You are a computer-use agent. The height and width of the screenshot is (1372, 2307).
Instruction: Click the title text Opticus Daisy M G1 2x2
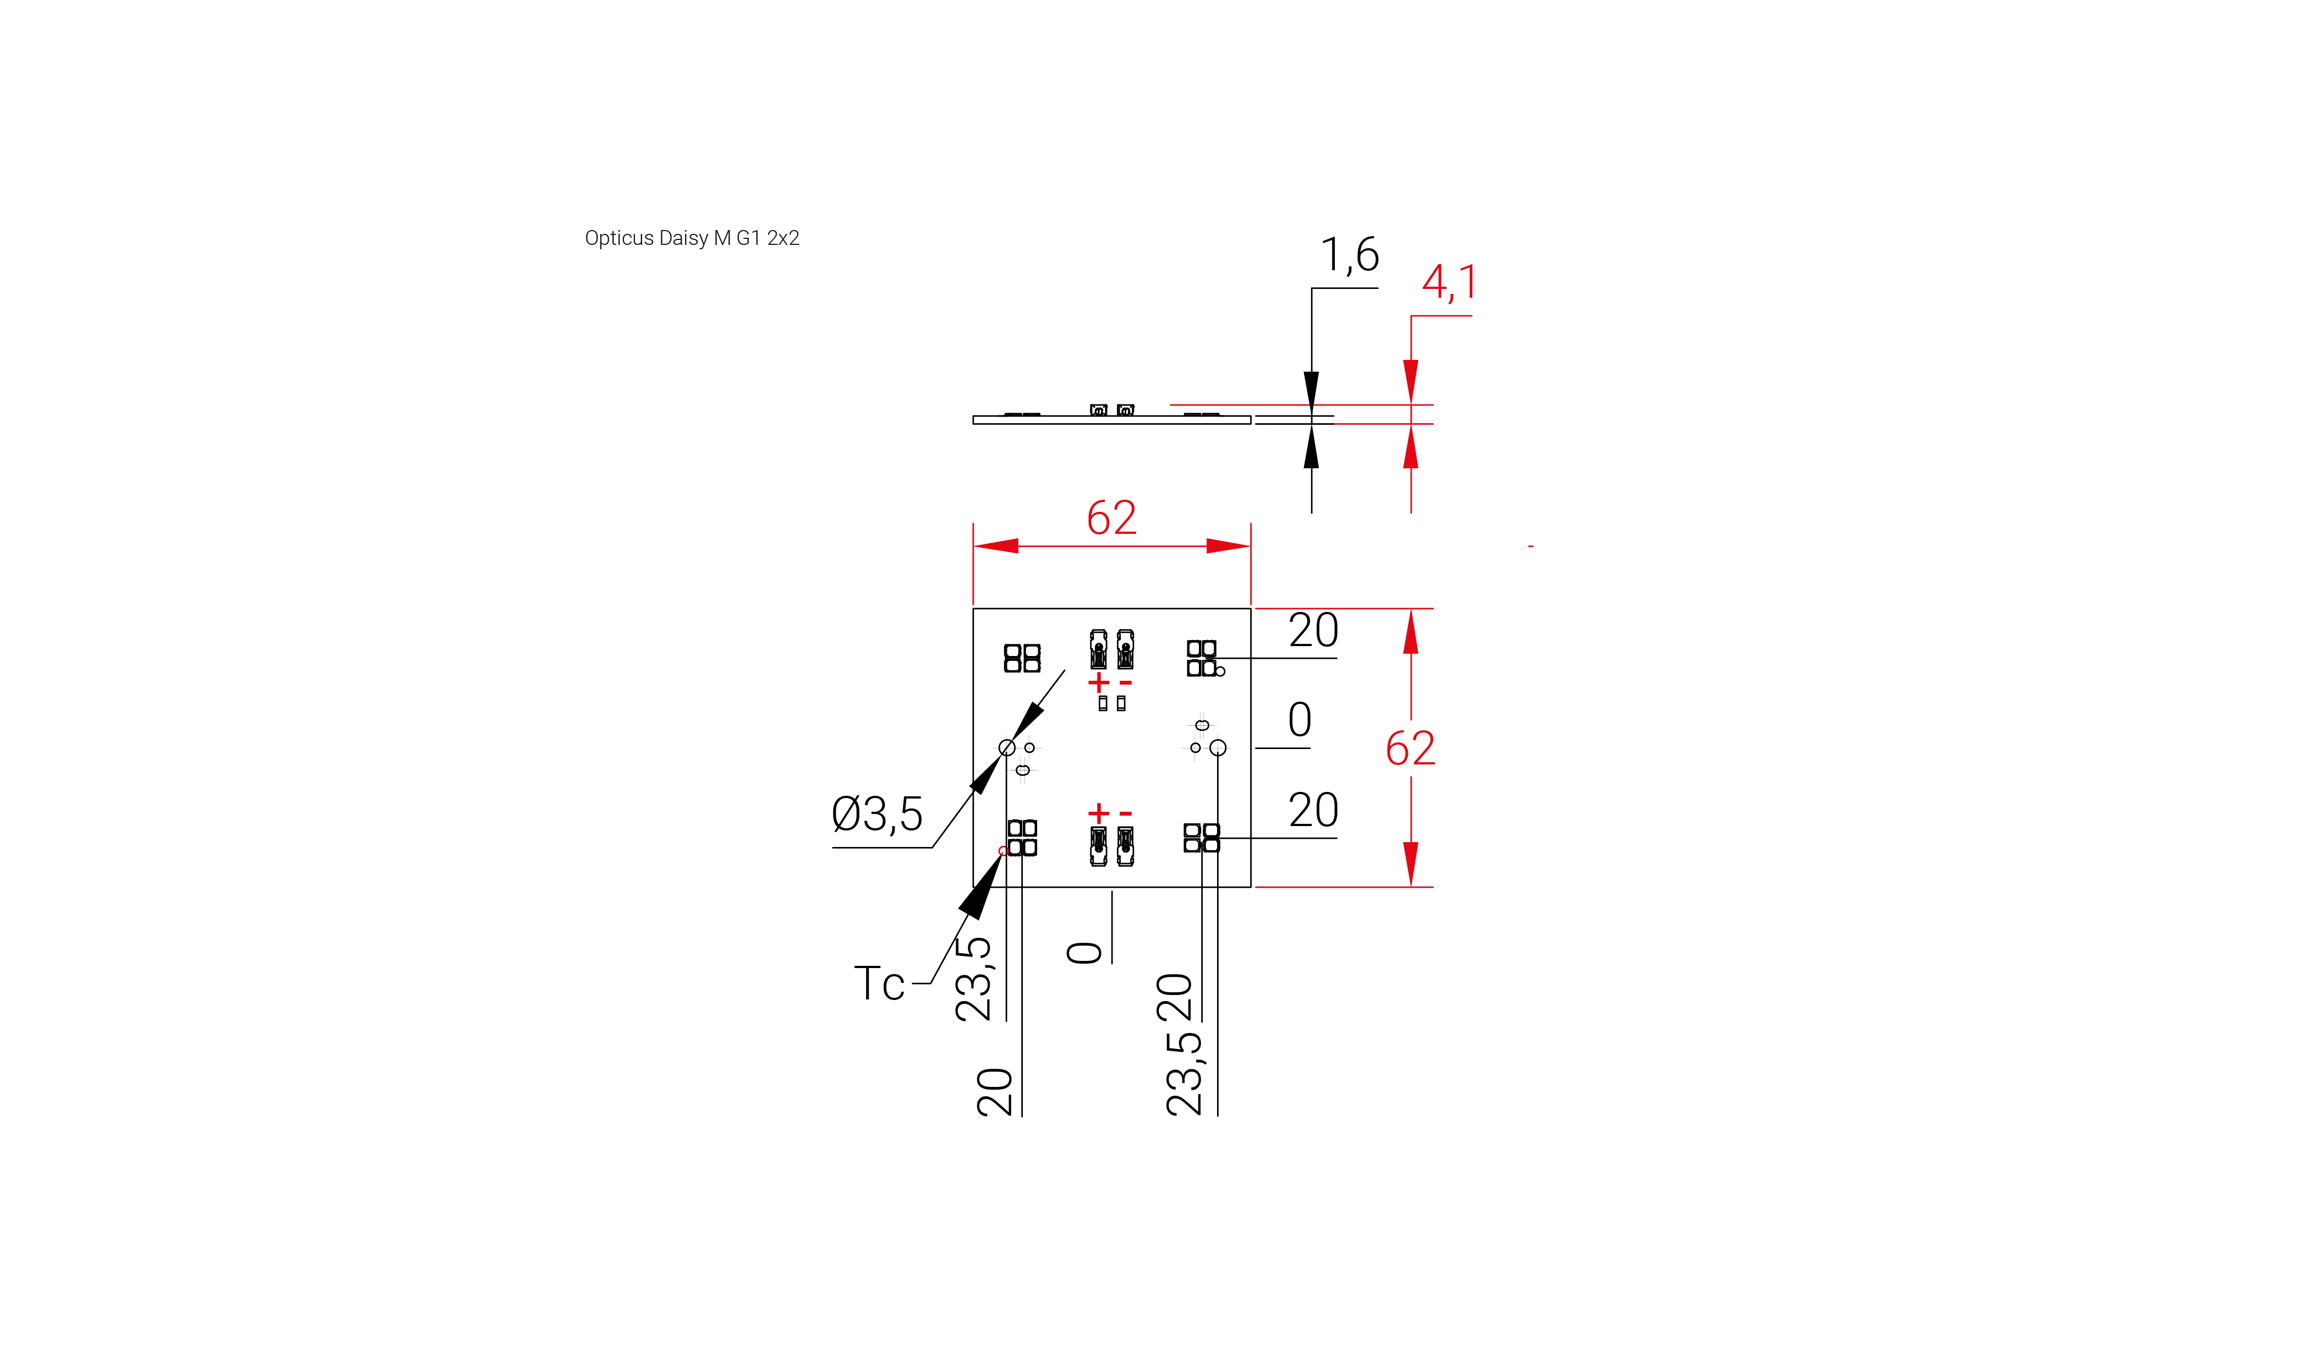click(x=692, y=238)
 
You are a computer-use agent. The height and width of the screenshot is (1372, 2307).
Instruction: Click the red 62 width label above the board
click(x=1111, y=518)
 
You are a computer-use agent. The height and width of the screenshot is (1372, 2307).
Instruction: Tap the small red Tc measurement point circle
click(x=1003, y=851)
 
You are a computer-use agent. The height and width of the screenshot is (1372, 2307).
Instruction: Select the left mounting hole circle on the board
click(x=1006, y=747)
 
